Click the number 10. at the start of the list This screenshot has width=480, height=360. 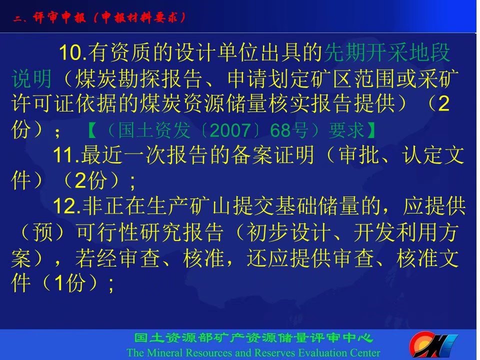coord(73,52)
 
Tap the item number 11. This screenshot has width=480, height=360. coord(66,155)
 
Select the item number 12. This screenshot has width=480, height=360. coord(67,206)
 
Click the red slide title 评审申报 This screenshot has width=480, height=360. coord(59,17)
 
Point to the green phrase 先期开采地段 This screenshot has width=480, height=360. coord(386,52)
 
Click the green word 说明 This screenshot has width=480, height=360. coord(31,78)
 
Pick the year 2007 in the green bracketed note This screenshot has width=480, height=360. coord(230,130)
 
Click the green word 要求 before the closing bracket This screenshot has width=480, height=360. coord(346,130)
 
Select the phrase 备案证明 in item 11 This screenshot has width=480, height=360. coord(272,155)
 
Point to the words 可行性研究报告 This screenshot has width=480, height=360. coord(149,231)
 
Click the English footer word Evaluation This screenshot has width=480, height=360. coord(326,352)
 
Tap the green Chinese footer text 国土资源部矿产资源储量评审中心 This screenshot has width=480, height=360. coord(253,338)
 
